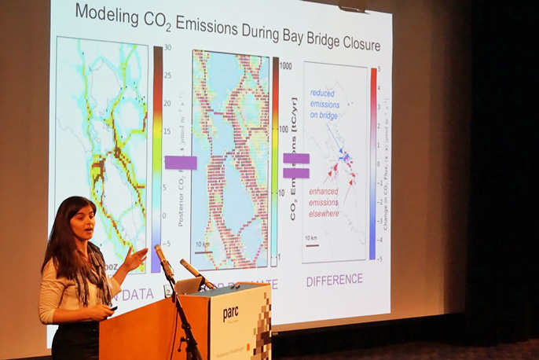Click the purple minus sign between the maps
coord(181,163)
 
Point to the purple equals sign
coord(295,166)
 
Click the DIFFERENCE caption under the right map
coord(335,279)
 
